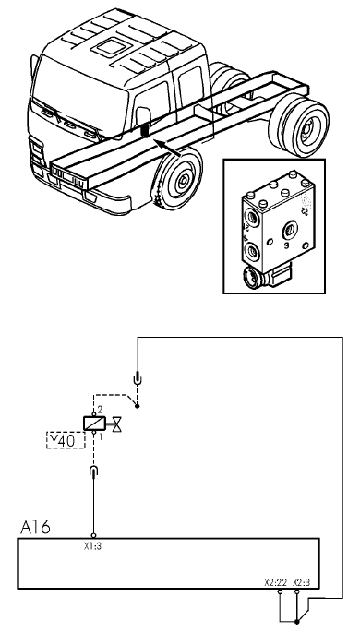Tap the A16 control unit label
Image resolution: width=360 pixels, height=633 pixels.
[x=36, y=527]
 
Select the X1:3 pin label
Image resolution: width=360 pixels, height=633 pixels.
[x=92, y=546]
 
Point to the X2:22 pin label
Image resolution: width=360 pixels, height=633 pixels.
[x=276, y=582]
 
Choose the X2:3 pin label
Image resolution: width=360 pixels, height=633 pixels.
[x=302, y=582]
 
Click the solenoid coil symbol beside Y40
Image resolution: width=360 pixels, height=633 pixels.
[x=94, y=423]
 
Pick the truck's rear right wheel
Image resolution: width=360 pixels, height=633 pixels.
[x=300, y=125]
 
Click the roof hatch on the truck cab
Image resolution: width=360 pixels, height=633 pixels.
[x=112, y=47]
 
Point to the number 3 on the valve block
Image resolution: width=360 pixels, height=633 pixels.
[x=286, y=245]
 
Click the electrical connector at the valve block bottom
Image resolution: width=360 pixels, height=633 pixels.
[x=266, y=275]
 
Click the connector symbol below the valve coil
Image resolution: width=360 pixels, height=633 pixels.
[x=94, y=472]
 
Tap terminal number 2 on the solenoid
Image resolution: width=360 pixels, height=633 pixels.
[x=101, y=411]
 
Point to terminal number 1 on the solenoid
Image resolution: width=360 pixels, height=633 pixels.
[x=101, y=436]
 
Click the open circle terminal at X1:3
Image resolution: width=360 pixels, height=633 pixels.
[x=94, y=536]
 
